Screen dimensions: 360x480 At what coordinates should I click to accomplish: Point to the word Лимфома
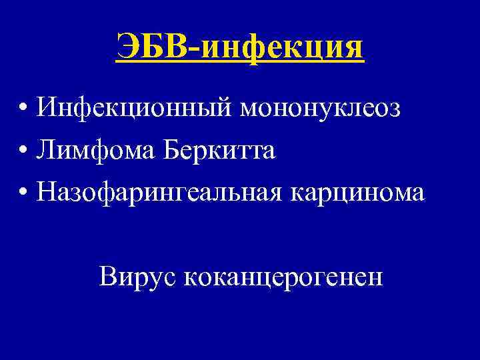coord(90,150)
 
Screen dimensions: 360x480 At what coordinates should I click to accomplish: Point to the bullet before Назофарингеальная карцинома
coord(23,193)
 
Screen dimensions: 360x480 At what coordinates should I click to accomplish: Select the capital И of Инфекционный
coord(47,107)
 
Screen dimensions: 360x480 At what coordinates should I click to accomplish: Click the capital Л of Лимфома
coord(47,150)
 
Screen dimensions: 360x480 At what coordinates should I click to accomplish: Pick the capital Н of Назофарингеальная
coord(47,191)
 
